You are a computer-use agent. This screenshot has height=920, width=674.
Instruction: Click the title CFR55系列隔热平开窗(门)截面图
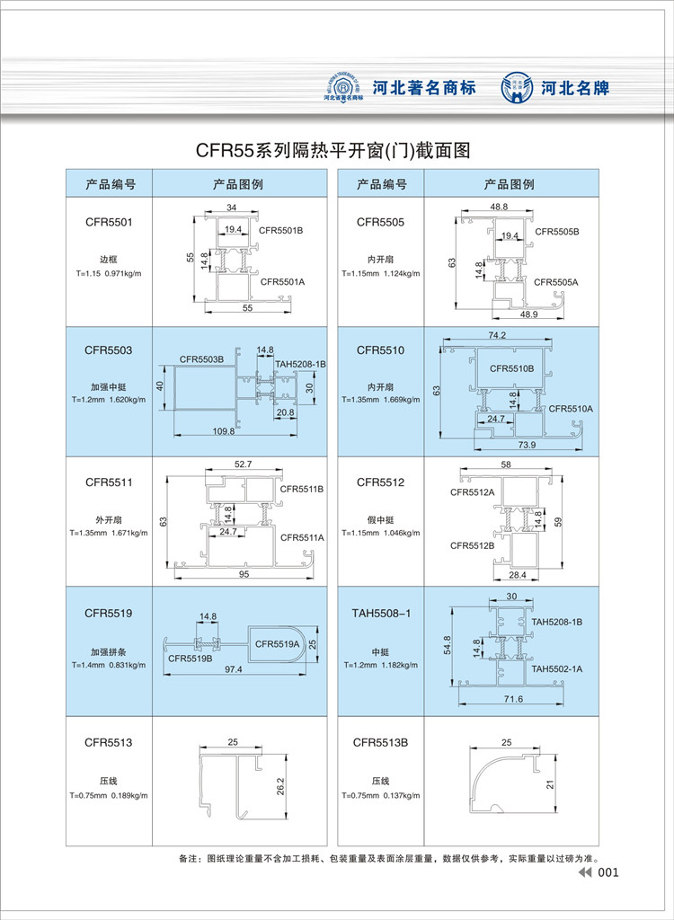333,150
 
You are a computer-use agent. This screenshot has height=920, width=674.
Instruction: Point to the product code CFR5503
109,349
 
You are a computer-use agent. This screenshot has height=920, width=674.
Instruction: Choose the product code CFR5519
109,614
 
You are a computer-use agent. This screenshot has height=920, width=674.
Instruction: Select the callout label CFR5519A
278,643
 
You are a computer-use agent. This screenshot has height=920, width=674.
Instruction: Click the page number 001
608,872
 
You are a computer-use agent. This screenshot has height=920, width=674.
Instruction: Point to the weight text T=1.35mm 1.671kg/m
109,533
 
